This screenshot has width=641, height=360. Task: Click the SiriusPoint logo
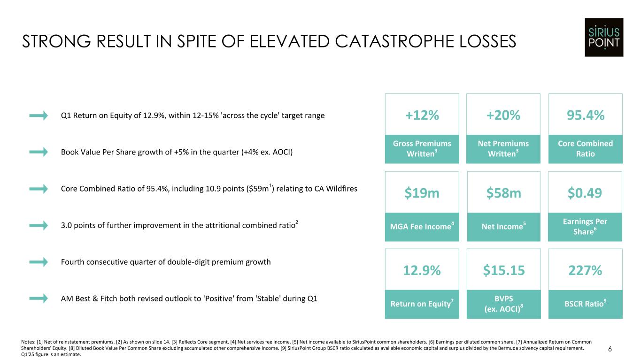coord(604,38)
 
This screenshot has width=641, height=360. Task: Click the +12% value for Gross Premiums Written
coord(422,115)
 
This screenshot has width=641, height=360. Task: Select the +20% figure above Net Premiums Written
coord(503,115)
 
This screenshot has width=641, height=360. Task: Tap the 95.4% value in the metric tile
coord(585,115)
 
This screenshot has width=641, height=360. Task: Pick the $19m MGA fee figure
coord(422,192)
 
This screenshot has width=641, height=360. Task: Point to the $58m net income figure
coord(503,192)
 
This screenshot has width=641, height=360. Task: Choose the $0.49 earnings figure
coord(585,192)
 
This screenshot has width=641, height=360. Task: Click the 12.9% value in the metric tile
coord(422,270)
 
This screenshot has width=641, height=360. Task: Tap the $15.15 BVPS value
coord(503,270)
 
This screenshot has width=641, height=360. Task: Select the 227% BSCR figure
coord(585,270)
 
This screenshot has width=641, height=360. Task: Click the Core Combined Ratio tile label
coord(585,148)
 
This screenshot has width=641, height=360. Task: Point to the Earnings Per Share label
coord(585,226)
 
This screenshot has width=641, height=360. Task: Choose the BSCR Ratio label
coord(584,304)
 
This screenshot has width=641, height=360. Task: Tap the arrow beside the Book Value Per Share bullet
coord(39,152)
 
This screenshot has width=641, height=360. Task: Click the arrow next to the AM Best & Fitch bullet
coord(39,299)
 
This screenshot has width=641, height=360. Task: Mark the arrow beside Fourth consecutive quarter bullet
coord(39,262)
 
